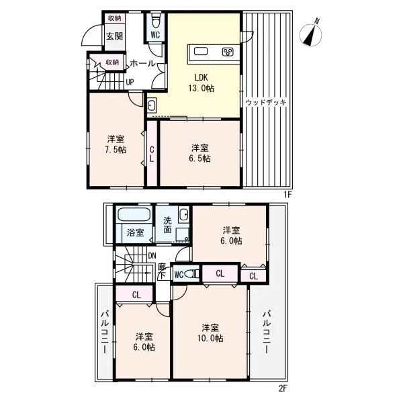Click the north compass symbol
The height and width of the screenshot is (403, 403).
point(311,34)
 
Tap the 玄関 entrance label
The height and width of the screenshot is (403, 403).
point(115,36)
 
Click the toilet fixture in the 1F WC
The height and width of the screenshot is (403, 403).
point(156,21)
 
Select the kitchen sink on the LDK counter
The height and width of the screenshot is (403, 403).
point(201,52)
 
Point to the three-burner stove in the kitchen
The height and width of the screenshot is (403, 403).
point(228,52)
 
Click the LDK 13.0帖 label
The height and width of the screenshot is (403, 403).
point(201,83)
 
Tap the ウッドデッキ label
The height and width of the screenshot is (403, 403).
point(266,102)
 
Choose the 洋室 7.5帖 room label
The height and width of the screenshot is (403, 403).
point(116,144)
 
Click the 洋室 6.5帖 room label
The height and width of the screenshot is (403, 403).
point(200,153)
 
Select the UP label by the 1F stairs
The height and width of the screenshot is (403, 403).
point(130,82)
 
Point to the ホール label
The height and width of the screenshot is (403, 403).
point(142,63)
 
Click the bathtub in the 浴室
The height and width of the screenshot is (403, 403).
point(134,215)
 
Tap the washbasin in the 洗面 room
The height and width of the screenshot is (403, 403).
point(184,214)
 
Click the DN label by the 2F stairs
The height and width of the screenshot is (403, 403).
point(152,256)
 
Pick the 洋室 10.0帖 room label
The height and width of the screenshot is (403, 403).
point(210,333)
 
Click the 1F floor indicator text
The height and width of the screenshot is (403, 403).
point(288,195)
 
